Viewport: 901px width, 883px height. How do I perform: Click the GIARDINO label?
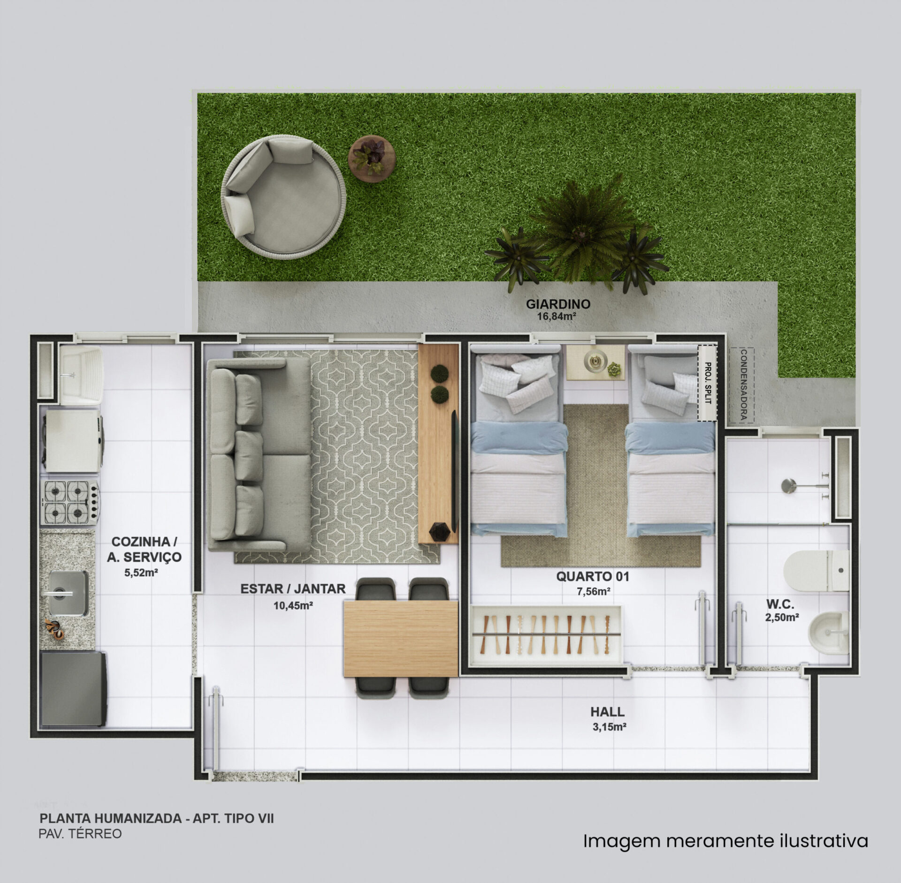point(558,304)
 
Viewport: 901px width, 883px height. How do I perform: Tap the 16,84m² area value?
point(557,317)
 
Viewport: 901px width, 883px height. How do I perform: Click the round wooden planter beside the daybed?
point(372,159)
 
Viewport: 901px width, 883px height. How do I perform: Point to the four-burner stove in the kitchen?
point(71,502)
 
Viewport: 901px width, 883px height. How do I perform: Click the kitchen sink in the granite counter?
point(68,593)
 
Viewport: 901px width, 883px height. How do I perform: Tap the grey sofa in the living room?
point(259,455)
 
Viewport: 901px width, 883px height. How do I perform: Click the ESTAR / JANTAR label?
point(293,589)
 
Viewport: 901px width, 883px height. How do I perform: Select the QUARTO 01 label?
point(592,577)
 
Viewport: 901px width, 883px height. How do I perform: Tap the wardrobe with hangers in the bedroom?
point(546,635)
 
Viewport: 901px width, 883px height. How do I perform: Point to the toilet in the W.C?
point(816,571)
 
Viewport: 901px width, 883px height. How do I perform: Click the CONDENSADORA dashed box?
point(742,386)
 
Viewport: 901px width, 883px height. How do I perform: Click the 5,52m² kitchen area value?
point(141,573)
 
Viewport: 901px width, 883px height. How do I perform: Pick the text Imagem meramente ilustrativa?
point(725,841)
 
